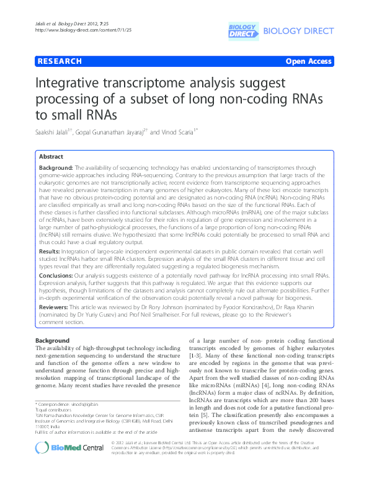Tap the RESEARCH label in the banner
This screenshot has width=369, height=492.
pyautogui.click(x=60, y=61)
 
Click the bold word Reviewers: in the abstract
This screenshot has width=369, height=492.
pyautogui.click(x=56, y=314)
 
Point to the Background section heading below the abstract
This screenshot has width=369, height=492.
pyautogui.click(x=52, y=341)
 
